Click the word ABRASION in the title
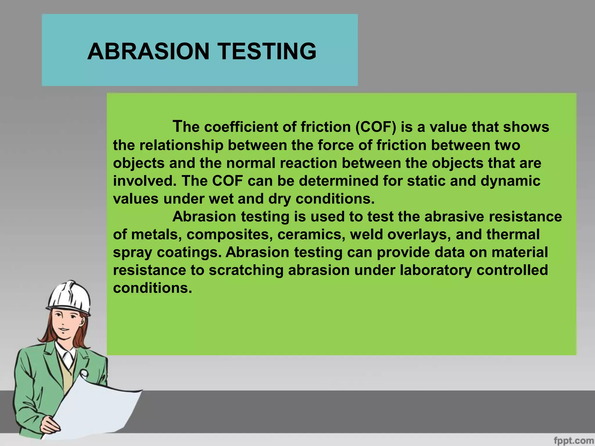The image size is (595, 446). pyautogui.click(x=148, y=51)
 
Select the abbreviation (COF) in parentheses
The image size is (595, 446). pyautogui.click(x=376, y=127)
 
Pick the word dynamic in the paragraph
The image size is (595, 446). pyautogui.click(x=510, y=181)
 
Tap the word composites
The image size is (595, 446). pyautogui.click(x=230, y=235)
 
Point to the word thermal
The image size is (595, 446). pyautogui.click(x=513, y=235)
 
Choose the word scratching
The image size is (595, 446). pyautogui.click(x=246, y=270)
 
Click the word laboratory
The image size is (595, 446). pyautogui.click(x=436, y=270)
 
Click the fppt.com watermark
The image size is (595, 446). pyautogui.click(x=574, y=440)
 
